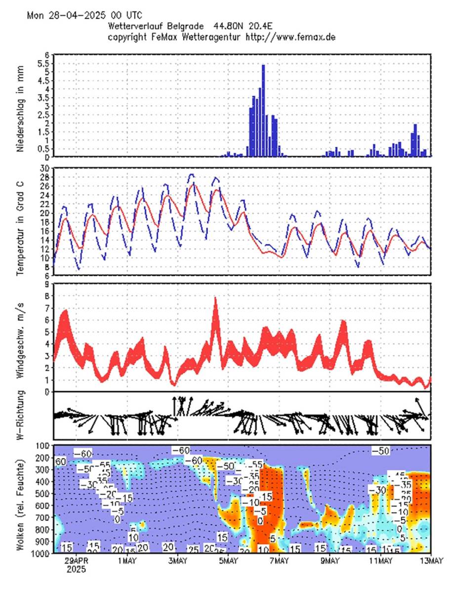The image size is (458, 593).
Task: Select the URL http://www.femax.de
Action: tap(291, 37)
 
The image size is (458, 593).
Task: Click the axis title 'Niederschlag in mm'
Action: tap(21, 105)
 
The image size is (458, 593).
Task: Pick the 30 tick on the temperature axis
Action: tap(44, 168)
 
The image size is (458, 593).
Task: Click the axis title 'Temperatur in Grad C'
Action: tap(21, 221)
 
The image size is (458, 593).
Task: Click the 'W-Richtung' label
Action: tap(21, 416)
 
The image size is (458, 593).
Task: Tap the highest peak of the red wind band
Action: tap(215, 299)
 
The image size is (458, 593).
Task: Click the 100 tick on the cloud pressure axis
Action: tap(42, 445)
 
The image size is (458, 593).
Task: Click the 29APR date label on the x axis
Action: tap(77, 561)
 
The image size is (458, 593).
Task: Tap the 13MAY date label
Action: tap(431, 561)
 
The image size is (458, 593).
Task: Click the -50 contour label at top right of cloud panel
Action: tap(380, 450)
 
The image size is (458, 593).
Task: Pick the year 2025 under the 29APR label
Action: tap(77, 569)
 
